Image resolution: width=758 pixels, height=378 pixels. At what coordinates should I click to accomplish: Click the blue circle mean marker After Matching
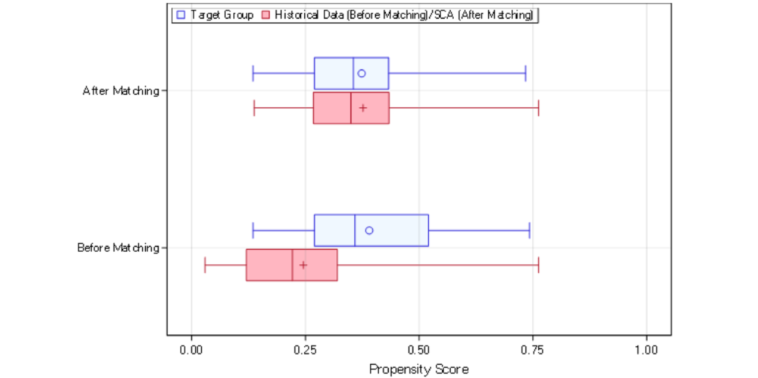click(x=362, y=73)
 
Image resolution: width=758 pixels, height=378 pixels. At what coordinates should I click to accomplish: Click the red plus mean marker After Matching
click(x=363, y=108)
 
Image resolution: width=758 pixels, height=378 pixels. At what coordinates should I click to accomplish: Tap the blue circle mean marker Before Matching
click(x=369, y=230)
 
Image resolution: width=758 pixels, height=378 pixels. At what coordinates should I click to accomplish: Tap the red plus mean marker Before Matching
click(x=303, y=265)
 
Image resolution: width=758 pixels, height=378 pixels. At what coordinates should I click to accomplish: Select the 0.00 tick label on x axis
click(x=191, y=350)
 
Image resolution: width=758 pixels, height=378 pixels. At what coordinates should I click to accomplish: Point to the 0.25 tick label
click(x=305, y=350)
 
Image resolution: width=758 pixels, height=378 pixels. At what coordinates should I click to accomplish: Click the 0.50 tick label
click(x=419, y=350)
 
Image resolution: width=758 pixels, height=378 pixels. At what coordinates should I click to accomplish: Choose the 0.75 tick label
click(x=532, y=350)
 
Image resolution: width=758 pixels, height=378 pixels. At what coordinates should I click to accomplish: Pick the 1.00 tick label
click(x=647, y=350)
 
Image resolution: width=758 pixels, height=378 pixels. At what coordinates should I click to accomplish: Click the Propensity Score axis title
click(x=419, y=369)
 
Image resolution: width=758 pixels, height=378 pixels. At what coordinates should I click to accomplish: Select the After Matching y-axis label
click(x=121, y=91)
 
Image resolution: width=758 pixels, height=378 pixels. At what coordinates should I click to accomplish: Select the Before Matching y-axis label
click(x=118, y=248)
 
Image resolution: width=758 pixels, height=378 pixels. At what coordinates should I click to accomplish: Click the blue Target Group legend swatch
click(x=181, y=15)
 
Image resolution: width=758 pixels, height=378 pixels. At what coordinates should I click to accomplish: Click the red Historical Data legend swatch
click(x=266, y=15)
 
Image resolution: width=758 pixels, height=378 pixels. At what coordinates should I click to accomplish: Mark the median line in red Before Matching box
click(x=292, y=265)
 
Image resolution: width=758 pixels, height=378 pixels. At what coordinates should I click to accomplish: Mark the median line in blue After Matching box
click(x=353, y=73)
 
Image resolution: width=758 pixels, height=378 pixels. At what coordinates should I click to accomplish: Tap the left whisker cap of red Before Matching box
click(x=205, y=265)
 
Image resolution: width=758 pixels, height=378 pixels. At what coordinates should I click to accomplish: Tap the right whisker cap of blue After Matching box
click(x=525, y=73)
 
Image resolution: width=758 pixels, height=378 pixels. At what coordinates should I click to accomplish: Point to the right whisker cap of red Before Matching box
click(x=538, y=265)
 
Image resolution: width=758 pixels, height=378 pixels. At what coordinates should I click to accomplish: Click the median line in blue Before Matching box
click(x=355, y=230)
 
